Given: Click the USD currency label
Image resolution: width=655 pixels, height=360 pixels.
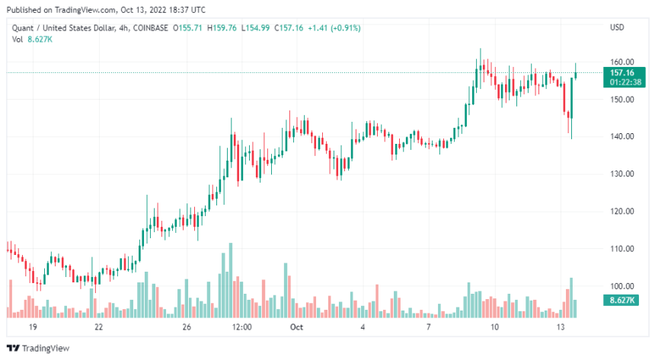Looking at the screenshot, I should [x=617, y=28].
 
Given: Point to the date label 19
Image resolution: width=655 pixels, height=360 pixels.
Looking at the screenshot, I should [x=33, y=327].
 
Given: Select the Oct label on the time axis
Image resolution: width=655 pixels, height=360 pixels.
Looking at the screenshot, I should [x=297, y=327].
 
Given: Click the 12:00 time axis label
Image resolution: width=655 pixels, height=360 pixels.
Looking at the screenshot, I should [x=241, y=327].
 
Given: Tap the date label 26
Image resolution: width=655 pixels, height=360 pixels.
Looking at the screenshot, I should [x=187, y=327].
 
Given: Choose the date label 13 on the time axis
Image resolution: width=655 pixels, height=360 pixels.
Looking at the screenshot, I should [x=560, y=327].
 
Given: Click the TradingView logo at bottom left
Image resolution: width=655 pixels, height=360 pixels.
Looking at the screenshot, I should [x=38, y=348].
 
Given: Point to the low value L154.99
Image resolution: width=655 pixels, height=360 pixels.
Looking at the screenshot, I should [x=259, y=28].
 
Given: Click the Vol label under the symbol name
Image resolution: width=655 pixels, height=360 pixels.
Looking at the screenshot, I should [x=17, y=39].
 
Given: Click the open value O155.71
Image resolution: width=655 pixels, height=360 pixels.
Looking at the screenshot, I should [x=189, y=28].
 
